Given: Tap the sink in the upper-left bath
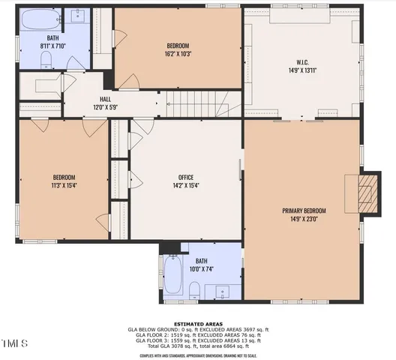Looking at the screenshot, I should coord(78,16).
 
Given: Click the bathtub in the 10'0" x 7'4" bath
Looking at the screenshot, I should coord(173,274).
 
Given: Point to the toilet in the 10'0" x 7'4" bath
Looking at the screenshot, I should coord(193,291).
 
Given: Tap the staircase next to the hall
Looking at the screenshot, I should coord(194,103).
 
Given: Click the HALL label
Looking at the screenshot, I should coord(106,98).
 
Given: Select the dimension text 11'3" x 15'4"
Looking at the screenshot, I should coord(64,184).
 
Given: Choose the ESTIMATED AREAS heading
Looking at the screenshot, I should coord(198,323).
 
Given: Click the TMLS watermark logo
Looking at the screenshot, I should coord(14,344).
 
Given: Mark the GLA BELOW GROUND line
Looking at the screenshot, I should coord(198,329).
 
